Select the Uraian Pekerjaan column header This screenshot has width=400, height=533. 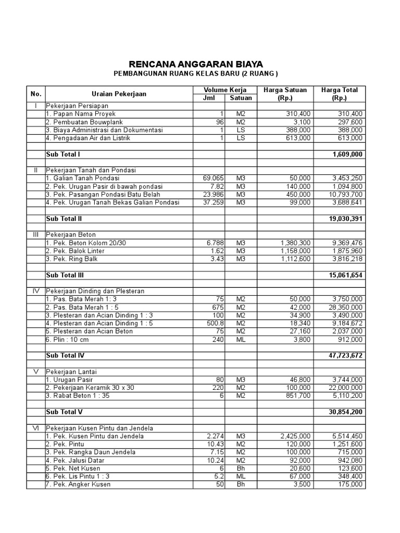(119, 94)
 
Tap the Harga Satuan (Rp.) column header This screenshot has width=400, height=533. (285, 94)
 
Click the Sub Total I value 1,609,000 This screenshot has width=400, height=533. (347, 155)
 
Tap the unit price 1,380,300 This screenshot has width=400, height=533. (295, 243)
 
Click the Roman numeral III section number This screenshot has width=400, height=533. (35, 235)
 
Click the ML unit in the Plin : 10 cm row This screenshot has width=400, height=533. (240, 339)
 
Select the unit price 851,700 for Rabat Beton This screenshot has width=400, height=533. (298, 396)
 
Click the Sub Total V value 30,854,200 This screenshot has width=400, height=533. (345, 412)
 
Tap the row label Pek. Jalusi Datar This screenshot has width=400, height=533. (74, 460)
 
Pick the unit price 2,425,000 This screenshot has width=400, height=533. (295, 436)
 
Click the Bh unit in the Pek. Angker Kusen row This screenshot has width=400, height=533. (240, 484)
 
